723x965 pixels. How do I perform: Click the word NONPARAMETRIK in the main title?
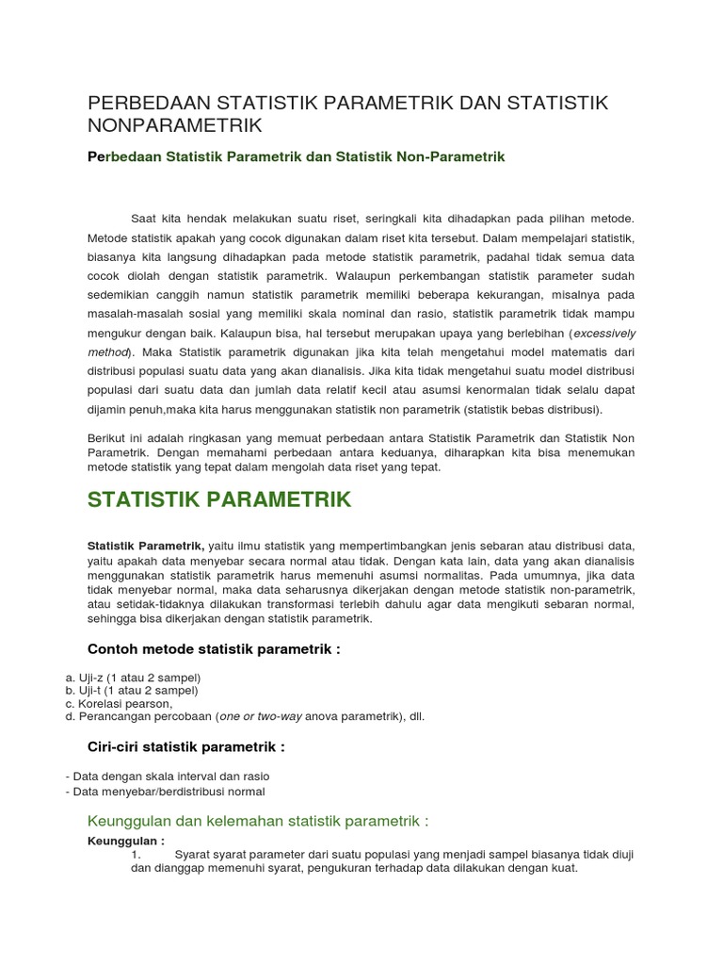[175, 125]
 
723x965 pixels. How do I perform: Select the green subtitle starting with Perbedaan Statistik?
[296, 157]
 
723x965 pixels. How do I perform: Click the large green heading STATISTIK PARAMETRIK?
[218, 499]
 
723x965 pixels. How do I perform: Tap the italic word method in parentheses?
[108, 352]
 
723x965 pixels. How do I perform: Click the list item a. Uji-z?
[133, 677]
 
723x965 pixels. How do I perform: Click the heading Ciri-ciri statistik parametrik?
[185, 746]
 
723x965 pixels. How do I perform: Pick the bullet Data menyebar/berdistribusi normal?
[166, 792]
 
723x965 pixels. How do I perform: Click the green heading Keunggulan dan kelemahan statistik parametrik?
[257, 821]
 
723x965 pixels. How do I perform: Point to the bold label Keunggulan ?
[125, 841]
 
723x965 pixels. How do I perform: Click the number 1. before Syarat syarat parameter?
[137, 855]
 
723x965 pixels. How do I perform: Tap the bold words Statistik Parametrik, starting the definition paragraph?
[145, 546]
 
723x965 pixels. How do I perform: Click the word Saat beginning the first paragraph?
[145, 218]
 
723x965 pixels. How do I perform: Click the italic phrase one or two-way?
[261, 716]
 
